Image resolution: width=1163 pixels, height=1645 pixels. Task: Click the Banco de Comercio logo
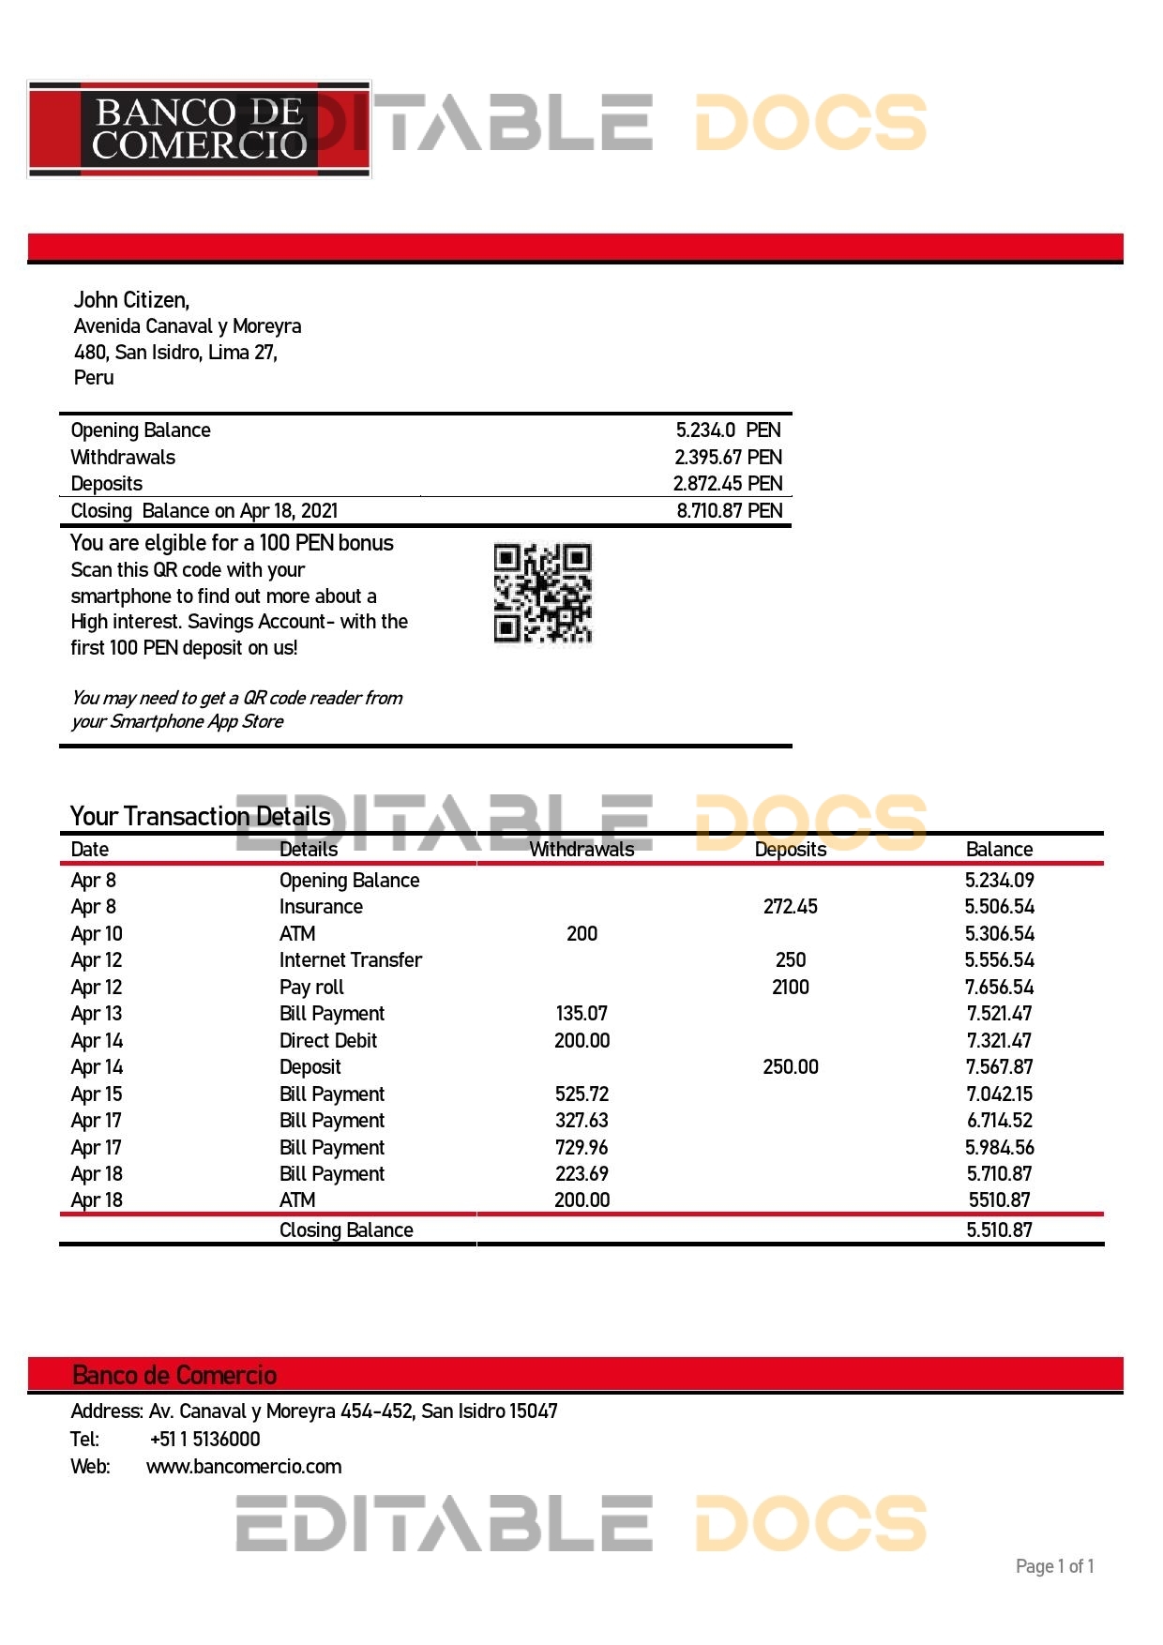point(199,129)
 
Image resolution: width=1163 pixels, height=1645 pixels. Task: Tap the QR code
point(542,594)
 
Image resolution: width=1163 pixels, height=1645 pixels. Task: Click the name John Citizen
point(131,300)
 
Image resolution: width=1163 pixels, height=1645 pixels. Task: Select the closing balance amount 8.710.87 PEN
point(729,511)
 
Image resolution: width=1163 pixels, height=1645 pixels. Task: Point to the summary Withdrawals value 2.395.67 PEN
point(728,458)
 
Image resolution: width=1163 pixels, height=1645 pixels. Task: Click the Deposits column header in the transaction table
point(790,850)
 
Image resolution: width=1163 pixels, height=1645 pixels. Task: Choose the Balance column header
point(999,850)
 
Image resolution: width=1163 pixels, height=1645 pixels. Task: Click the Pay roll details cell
point(311,988)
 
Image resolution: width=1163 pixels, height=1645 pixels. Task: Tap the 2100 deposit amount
point(790,988)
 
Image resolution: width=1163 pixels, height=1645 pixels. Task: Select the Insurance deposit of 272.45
point(790,907)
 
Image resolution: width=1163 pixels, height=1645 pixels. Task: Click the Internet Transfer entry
point(350,960)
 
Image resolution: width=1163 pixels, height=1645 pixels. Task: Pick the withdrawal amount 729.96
point(581,1148)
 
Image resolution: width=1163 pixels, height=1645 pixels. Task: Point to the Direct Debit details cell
point(327,1041)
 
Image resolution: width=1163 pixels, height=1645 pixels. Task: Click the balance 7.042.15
point(999,1094)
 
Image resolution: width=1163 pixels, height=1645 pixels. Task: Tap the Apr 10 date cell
point(97,934)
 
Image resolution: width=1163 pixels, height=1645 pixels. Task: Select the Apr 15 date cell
point(97,1094)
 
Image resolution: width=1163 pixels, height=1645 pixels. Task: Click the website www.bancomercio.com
point(244,1467)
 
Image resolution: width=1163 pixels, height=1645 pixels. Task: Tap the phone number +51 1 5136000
point(204,1440)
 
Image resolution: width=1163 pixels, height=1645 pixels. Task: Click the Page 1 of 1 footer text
point(1054,1566)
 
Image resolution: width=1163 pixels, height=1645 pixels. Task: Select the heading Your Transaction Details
point(200,816)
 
